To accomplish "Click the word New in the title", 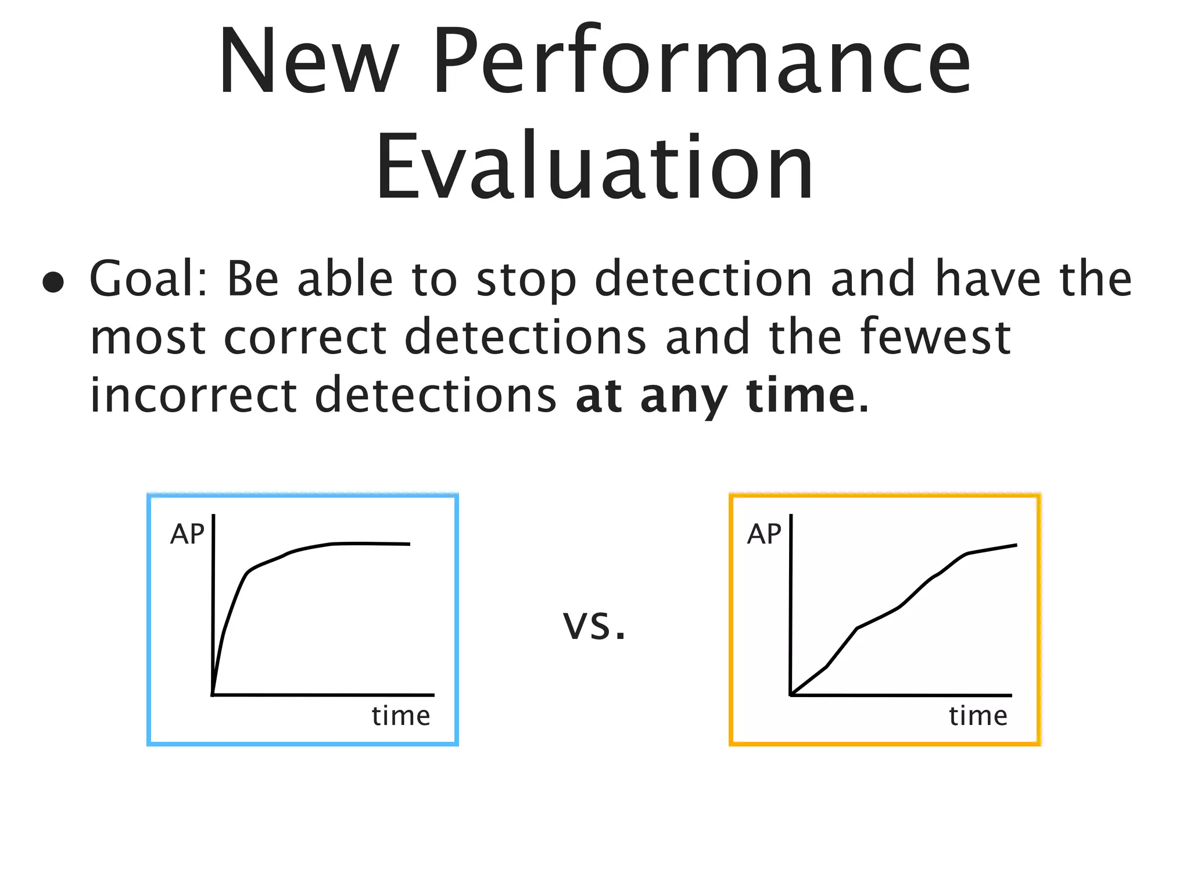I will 309,61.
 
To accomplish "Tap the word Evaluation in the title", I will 594,167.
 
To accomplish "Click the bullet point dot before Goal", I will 53,282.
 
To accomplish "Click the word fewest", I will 935,337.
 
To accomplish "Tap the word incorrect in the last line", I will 193,395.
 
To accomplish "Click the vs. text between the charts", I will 594,626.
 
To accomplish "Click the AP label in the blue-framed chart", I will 187,534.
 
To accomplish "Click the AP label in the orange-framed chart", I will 764,534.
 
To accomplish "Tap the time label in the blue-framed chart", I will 401,716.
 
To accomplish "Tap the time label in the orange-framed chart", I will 978,716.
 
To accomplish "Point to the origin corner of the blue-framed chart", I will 213,694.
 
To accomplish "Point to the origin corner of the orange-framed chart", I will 791,694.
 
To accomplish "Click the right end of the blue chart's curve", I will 409,544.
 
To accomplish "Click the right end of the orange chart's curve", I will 1016,545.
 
